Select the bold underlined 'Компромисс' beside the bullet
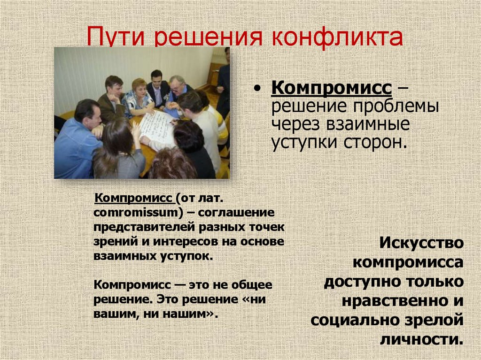[x=331, y=88]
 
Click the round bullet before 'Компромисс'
[x=257, y=90]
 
